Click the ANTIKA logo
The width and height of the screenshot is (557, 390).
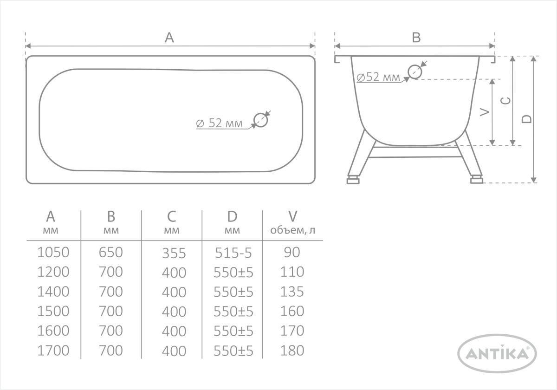tap(497, 353)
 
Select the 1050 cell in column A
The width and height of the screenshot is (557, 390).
tap(53, 252)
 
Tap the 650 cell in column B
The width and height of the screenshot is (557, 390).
tap(111, 252)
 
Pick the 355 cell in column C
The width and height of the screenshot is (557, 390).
tap(174, 253)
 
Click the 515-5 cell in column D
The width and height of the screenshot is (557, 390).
tap(233, 253)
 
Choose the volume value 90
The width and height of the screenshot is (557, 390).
tap(292, 252)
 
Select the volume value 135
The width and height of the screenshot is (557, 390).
tap(292, 292)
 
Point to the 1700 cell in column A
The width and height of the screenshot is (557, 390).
tap(53, 351)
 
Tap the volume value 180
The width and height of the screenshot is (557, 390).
tap(292, 351)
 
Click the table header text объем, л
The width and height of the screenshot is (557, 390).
tap(293, 230)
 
